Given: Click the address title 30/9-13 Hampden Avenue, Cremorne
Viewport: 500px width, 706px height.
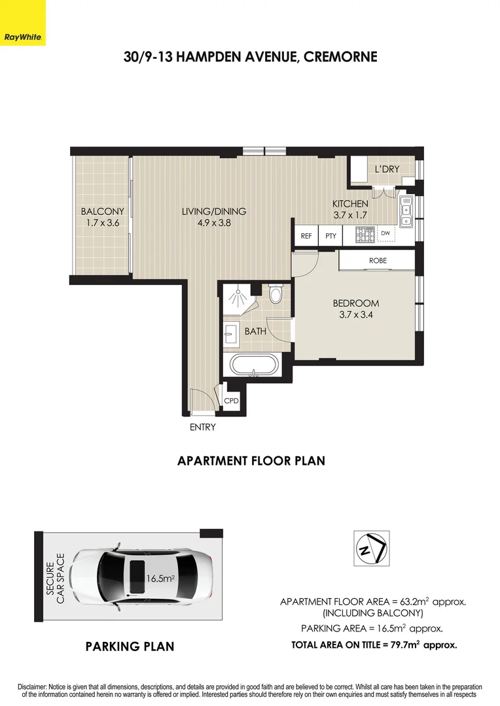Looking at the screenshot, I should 250,57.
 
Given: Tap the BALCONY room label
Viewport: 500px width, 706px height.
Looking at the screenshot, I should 102,211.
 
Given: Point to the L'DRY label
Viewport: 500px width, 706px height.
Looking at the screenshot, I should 387,170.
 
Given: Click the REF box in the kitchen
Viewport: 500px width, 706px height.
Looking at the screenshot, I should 306,236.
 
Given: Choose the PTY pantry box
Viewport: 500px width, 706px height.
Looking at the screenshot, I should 330,236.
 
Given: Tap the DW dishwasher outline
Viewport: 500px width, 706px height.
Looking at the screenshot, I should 385,233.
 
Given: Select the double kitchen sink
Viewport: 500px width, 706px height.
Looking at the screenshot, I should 406,210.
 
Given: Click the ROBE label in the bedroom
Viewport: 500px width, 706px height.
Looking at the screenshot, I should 378,260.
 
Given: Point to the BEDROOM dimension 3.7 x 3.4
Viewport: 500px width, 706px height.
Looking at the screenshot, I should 355,314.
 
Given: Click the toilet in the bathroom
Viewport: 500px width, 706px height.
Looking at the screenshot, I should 276,296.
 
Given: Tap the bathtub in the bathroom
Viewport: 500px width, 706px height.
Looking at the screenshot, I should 252,364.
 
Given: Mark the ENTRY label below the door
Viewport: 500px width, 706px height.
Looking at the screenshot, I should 202,428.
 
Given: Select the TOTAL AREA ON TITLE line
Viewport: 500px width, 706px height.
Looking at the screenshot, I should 374,645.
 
